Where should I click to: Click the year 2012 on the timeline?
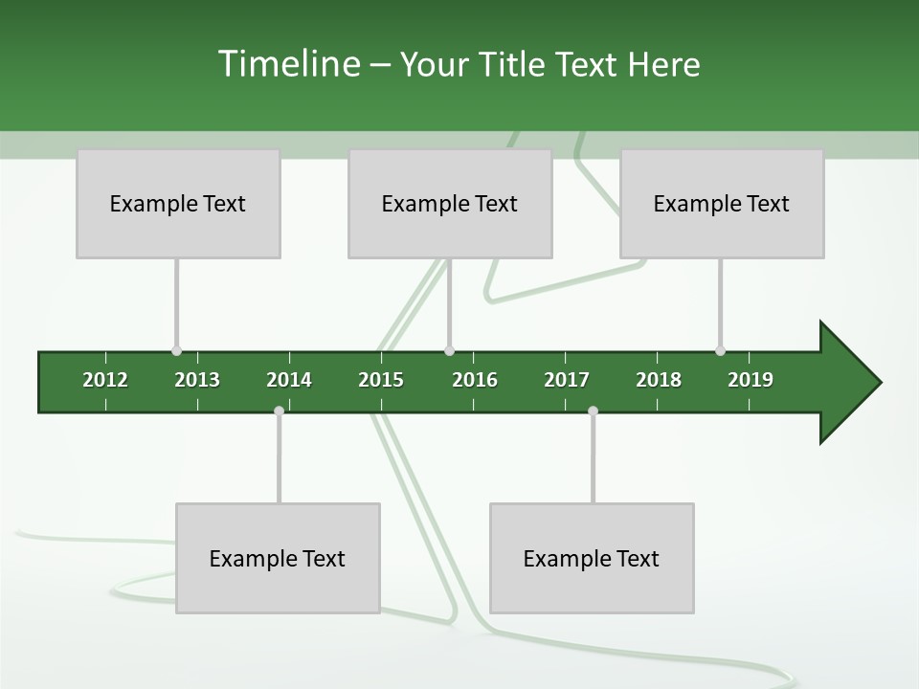(105, 380)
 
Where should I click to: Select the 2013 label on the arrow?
(197, 380)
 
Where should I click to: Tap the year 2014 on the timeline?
(289, 380)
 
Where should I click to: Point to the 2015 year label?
(381, 380)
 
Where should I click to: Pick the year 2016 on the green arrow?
(475, 380)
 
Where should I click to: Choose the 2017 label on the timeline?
(567, 380)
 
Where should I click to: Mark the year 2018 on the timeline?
(659, 380)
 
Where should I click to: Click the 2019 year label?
(751, 380)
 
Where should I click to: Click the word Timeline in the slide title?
(287, 64)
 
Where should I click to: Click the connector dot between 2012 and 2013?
(176, 351)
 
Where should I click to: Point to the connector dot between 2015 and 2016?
(449, 351)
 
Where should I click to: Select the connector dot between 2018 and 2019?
(720, 351)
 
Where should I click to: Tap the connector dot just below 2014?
(279, 411)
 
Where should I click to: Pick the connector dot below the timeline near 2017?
(593, 411)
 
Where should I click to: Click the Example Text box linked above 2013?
(178, 204)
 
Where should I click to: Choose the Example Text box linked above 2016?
(450, 204)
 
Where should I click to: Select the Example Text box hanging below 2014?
(278, 558)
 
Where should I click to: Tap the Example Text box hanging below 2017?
(592, 558)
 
